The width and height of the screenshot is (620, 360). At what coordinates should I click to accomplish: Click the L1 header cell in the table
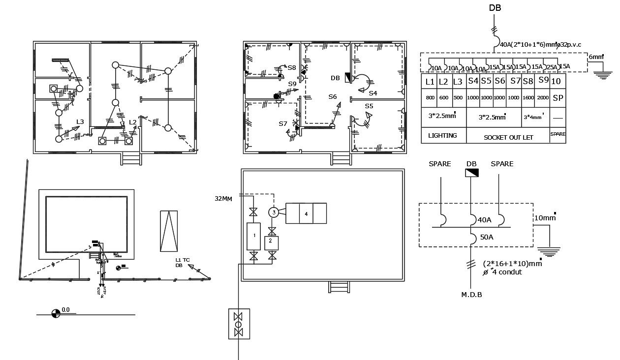pos(430,82)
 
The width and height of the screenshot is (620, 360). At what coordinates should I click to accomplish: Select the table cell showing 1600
pos(528,98)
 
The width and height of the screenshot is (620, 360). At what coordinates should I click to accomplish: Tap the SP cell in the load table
pos(558,98)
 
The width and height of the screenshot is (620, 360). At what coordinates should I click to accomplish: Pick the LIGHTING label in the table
pos(442,135)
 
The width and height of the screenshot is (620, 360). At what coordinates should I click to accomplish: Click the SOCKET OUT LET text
pos(508,138)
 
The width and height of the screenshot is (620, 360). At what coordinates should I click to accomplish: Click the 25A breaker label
pos(552,67)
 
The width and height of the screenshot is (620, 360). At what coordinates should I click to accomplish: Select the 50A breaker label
pos(487,237)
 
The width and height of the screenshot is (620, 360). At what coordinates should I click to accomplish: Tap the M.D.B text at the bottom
pos(471,295)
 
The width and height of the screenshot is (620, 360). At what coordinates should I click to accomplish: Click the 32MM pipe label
pos(224,199)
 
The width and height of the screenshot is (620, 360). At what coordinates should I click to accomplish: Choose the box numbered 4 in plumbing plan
pos(306,214)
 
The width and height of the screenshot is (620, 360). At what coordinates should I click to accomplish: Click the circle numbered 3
pos(274,212)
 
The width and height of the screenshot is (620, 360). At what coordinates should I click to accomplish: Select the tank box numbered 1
pos(254,236)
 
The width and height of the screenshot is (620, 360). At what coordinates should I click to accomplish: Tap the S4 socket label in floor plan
pos(372,93)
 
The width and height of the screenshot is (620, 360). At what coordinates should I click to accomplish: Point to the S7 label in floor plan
pos(282,124)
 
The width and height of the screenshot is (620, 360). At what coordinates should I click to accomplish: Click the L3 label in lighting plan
pos(80,121)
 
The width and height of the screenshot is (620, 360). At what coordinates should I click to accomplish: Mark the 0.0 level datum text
pos(66,310)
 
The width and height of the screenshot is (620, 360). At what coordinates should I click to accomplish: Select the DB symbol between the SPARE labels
pos(471,173)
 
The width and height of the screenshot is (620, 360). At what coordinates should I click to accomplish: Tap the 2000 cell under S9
pos(543,98)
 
